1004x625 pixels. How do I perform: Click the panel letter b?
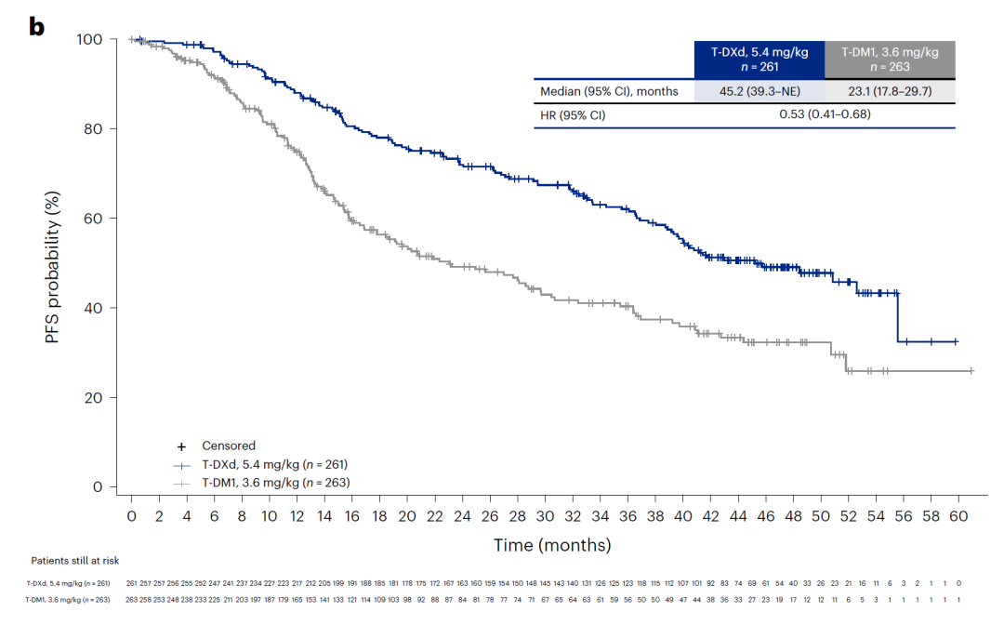point(37,27)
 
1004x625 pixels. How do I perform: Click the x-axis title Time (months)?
point(552,545)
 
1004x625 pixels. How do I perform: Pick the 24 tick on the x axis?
point(462,514)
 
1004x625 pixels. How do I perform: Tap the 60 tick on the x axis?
point(958,514)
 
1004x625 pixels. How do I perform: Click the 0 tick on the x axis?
point(131,514)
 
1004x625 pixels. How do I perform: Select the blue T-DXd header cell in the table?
point(760,60)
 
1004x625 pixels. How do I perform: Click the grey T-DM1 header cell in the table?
point(890,60)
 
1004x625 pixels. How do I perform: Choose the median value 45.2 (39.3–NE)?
point(760,91)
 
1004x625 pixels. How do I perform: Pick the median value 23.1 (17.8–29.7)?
point(890,91)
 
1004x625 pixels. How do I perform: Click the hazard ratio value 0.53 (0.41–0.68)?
point(824,114)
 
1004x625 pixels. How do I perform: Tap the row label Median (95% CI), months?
point(609,91)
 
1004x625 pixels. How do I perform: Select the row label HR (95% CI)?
point(575,114)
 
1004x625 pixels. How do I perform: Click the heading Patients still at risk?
point(74,561)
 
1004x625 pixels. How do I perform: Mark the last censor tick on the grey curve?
point(971,371)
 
